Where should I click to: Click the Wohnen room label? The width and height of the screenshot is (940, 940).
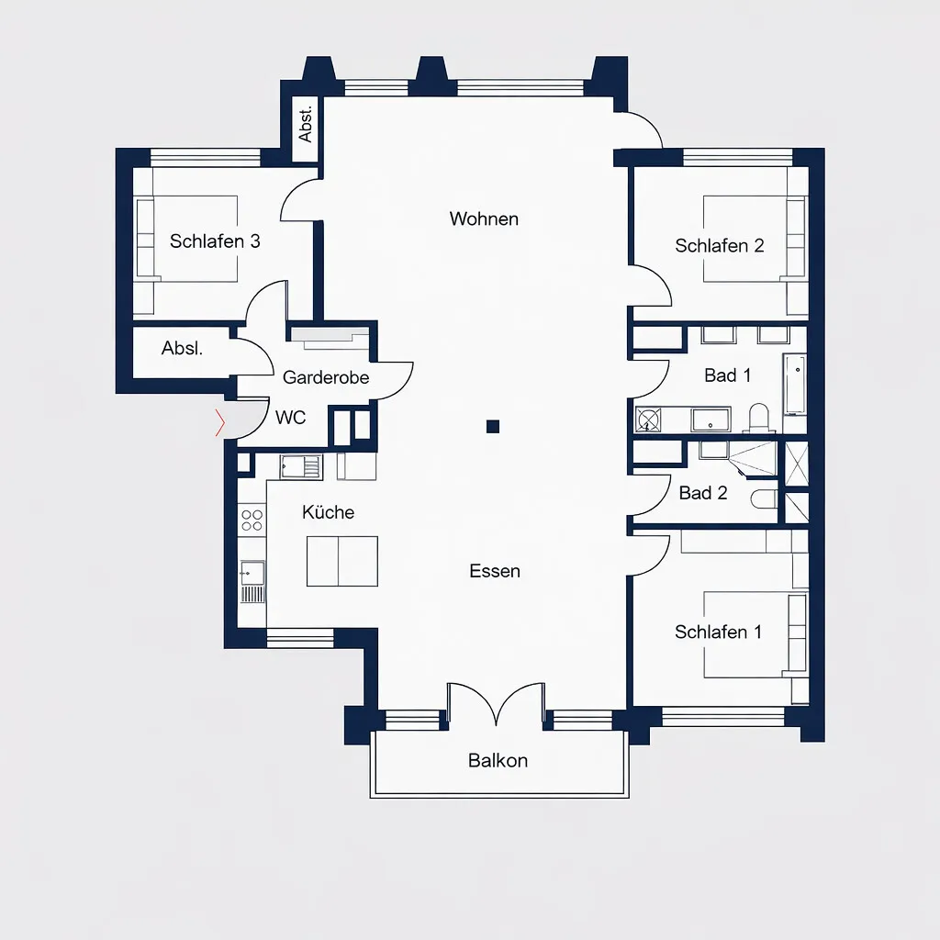tap(484, 218)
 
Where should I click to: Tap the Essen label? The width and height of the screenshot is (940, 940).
tap(495, 571)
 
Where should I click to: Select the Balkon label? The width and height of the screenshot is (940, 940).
tap(498, 761)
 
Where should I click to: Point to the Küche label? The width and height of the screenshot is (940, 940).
tap(328, 512)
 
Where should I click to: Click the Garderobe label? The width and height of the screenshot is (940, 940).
tap(326, 377)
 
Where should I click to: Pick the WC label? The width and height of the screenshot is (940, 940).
tap(291, 418)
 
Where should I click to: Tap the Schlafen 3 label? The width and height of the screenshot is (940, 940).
tap(215, 241)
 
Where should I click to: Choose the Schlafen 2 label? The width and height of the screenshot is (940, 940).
tap(720, 246)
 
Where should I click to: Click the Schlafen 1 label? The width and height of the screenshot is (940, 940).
tap(718, 632)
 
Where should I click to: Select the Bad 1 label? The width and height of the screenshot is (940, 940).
tap(727, 375)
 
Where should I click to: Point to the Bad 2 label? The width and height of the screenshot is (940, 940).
tap(702, 493)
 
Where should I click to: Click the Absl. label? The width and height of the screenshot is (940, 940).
tap(183, 348)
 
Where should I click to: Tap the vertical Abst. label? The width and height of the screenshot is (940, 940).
tap(305, 124)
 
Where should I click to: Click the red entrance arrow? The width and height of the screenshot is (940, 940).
tap(220, 422)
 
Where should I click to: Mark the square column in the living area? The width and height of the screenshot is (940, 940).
tap(493, 427)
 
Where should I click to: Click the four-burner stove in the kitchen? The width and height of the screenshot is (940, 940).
tap(252, 520)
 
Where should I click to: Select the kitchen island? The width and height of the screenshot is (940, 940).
tap(342, 561)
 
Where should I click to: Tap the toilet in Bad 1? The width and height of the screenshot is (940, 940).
tap(759, 418)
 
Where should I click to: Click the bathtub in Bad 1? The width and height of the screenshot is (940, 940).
tap(795, 385)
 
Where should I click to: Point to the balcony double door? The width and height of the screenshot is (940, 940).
tap(497, 704)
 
